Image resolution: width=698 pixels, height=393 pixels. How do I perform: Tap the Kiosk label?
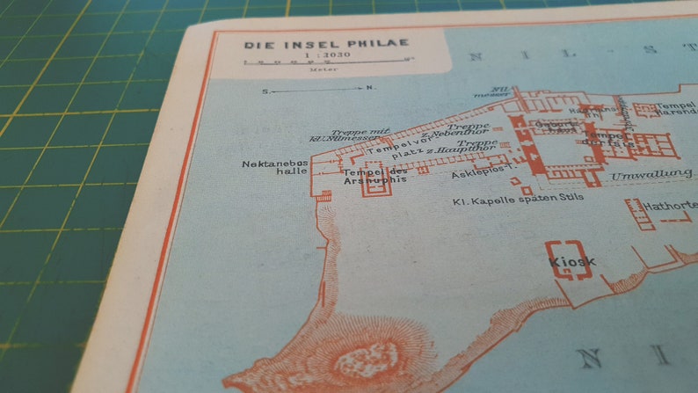click(x=572, y=262)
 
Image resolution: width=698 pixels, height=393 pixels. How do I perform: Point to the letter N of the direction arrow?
click(x=370, y=89)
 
